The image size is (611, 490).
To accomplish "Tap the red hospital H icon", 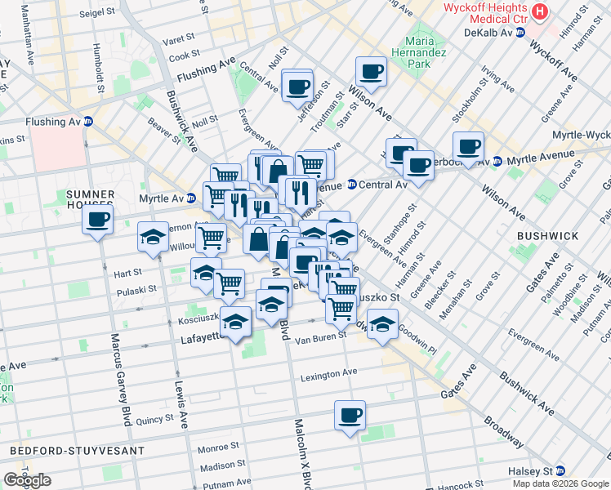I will [540, 11].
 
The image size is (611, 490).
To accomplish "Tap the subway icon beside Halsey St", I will [560, 471].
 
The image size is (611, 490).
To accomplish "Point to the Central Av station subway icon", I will [351, 185].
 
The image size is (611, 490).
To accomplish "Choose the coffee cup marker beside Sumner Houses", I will [97, 220].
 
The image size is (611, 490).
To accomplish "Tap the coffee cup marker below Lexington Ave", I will [349, 416].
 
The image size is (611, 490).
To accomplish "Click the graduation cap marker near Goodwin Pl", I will [382, 325].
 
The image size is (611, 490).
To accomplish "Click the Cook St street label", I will [184, 56].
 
